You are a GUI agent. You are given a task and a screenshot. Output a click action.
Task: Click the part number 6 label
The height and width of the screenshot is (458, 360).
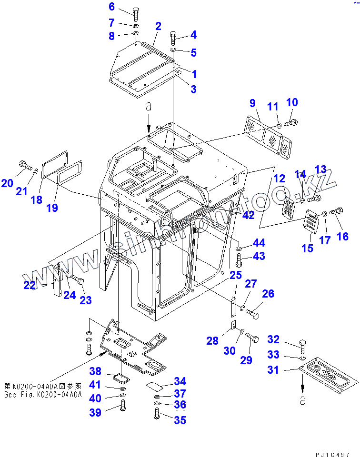pyautogui.click(x=112, y=7)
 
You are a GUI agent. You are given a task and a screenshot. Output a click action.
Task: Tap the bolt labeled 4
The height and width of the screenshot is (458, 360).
pyautogui.click(x=174, y=37)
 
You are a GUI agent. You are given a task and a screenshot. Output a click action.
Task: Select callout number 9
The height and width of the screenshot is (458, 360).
pyautogui.click(x=252, y=103)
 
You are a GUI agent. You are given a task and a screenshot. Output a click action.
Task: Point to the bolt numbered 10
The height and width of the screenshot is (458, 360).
pyautogui.click(x=290, y=123)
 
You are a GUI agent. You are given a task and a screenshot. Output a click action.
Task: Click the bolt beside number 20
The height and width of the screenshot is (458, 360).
pyautogui.click(x=24, y=165)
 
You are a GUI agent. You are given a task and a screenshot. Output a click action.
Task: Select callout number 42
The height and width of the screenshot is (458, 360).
pyautogui.click(x=248, y=215)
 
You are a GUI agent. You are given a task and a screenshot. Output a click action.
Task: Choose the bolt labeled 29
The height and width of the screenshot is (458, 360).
pyautogui.click(x=251, y=339)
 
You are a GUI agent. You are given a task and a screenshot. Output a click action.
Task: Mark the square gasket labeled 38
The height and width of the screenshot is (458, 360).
pyautogui.click(x=118, y=378)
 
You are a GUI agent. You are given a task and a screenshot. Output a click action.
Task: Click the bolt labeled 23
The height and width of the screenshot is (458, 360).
pyautogui.click(x=77, y=281)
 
